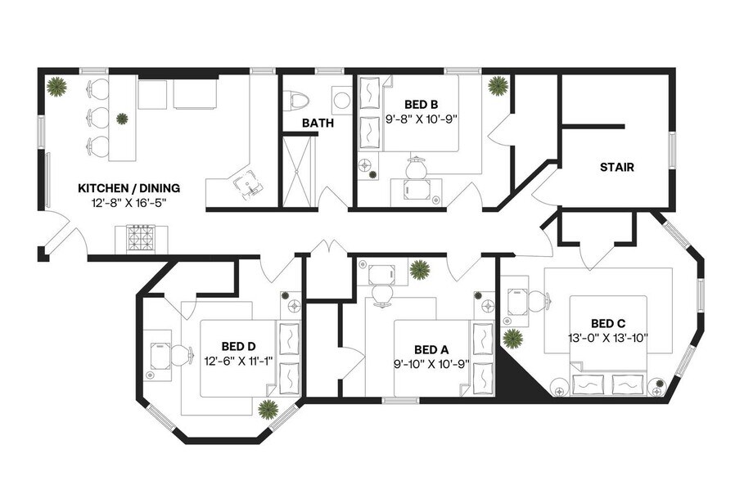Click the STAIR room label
[617, 168]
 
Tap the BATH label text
[317, 124]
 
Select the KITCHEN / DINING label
[129, 188]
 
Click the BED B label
[422, 104]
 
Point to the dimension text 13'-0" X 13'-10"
[608, 337]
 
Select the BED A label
[431, 348]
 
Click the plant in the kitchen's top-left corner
[56, 86]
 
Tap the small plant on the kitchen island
[122, 119]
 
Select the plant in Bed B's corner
[497, 86]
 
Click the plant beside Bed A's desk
[420, 269]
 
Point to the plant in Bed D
[267, 409]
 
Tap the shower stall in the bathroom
[298, 170]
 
